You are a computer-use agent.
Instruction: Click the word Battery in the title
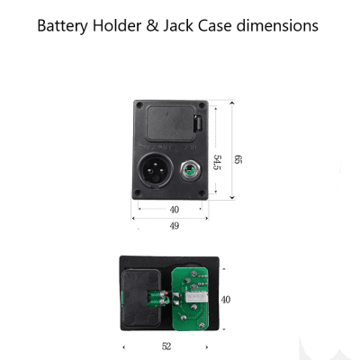pos(62,26)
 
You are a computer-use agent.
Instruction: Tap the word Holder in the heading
pos(117,25)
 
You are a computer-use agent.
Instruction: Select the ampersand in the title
pos(152,25)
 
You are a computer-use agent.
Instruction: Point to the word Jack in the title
pos(178,25)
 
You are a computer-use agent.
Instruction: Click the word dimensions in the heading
pos(277,25)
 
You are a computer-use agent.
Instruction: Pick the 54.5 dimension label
pos(217,162)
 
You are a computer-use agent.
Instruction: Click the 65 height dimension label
pos(238,159)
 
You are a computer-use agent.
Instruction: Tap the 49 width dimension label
pos(175,226)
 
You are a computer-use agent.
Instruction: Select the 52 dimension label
pos(166,346)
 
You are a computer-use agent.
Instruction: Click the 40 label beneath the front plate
pos(175,210)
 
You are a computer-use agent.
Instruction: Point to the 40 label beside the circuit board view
pos(226,300)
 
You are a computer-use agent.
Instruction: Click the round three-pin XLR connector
pos(156,170)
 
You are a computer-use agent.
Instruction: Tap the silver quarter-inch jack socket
pos(191,171)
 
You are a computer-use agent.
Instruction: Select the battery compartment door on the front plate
pos(171,123)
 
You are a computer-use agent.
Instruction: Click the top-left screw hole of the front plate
pos(139,105)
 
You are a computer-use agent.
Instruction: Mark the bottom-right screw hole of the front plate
pos(202,193)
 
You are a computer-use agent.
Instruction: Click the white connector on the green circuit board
pos(196,297)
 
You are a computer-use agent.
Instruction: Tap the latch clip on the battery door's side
pos(198,123)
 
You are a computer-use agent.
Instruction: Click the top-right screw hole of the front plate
pos(202,105)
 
